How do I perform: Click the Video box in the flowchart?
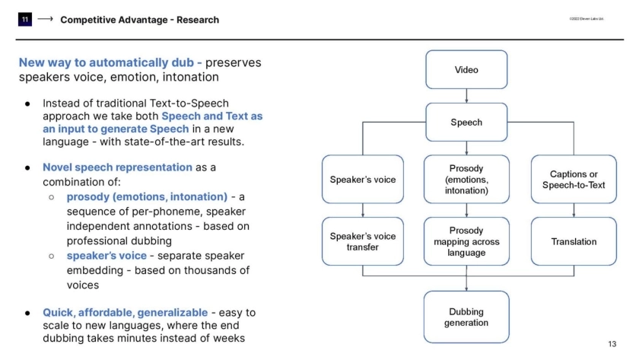(x=466, y=70)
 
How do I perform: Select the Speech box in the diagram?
(x=466, y=122)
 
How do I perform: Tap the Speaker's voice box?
(x=363, y=180)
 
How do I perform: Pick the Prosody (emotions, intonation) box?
(x=466, y=180)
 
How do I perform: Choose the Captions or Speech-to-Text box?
(x=574, y=180)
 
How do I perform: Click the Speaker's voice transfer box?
(x=363, y=241)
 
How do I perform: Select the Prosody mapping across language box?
(x=466, y=241)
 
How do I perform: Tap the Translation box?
(x=574, y=241)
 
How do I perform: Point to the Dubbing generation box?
(x=466, y=317)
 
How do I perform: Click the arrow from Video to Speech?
(x=466, y=96)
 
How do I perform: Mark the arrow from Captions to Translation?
(x=574, y=210)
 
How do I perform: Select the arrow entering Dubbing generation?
(x=466, y=282)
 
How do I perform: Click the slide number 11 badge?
(x=25, y=20)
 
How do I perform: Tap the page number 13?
(x=612, y=344)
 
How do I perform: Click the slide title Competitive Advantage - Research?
(x=139, y=20)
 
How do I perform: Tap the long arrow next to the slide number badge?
(x=45, y=20)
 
